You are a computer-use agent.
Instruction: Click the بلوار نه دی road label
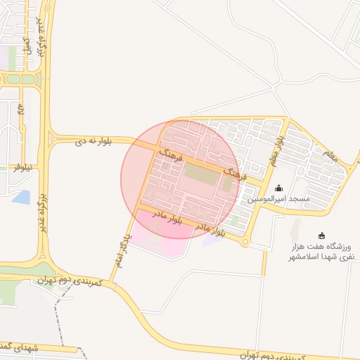[94, 142]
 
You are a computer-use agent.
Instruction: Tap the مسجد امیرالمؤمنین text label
[278, 200]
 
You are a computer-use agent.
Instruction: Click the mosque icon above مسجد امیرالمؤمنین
[278, 188]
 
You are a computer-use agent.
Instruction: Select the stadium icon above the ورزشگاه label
[322, 236]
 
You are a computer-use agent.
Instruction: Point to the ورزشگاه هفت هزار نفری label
[323, 252]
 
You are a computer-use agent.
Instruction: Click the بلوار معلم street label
[276, 151]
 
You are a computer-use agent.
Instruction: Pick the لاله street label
[22, 110]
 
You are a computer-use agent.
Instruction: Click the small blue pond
[21, 198]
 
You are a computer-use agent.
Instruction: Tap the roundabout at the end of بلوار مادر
[245, 243]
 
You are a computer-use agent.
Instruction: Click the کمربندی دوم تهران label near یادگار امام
[71, 282]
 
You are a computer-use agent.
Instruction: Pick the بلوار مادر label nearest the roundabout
[210, 229]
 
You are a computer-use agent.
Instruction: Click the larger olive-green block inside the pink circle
[201, 174]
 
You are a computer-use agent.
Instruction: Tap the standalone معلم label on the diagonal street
[330, 155]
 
